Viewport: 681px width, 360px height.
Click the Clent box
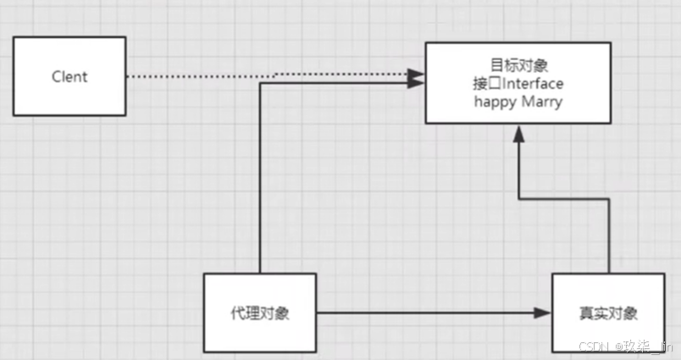pyautogui.click(x=69, y=76)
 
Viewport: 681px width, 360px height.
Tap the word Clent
pyautogui.click(x=69, y=77)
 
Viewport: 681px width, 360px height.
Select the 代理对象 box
pyautogui.click(x=260, y=313)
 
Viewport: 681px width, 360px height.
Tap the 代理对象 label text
pyautogui.click(x=260, y=313)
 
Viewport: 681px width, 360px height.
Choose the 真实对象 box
pyautogui.click(x=606, y=313)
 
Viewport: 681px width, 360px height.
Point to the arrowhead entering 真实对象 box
pyautogui.click(x=544, y=313)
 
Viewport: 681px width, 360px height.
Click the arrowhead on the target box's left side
pyautogui.click(x=415, y=80)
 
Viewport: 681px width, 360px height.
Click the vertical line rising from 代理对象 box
pyautogui.click(x=260, y=178)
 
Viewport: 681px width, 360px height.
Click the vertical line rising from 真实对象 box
pyautogui.click(x=609, y=237)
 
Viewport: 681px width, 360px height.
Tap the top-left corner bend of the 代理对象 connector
pyautogui.click(x=260, y=83)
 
